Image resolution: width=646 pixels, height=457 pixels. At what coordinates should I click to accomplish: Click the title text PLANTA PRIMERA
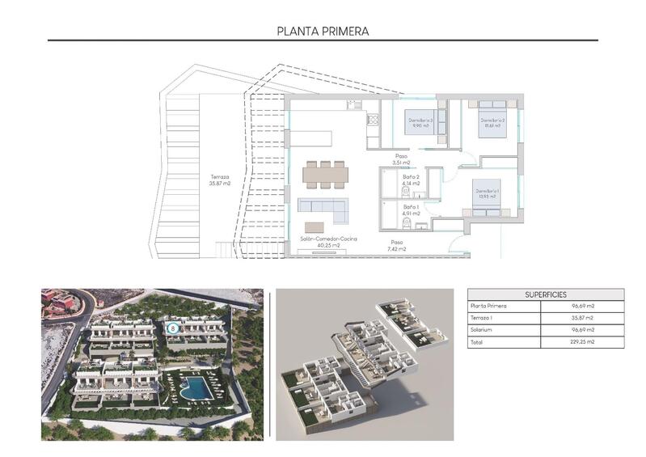[323, 32]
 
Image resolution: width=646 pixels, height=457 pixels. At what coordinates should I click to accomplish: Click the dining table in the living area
[325, 173]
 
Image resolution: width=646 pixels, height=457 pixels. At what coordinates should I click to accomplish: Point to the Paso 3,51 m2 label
[401, 159]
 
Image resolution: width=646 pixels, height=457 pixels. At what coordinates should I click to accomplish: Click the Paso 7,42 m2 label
[397, 245]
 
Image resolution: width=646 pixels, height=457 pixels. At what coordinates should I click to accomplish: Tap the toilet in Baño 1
[407, 223]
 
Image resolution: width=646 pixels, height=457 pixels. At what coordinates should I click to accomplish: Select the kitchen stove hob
[373, 120]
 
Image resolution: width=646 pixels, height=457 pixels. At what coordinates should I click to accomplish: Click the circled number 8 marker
[171, 328]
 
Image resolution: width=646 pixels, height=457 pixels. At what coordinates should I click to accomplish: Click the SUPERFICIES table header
[546, 295]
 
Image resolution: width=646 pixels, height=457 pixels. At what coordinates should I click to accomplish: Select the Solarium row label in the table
[483, 330]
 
